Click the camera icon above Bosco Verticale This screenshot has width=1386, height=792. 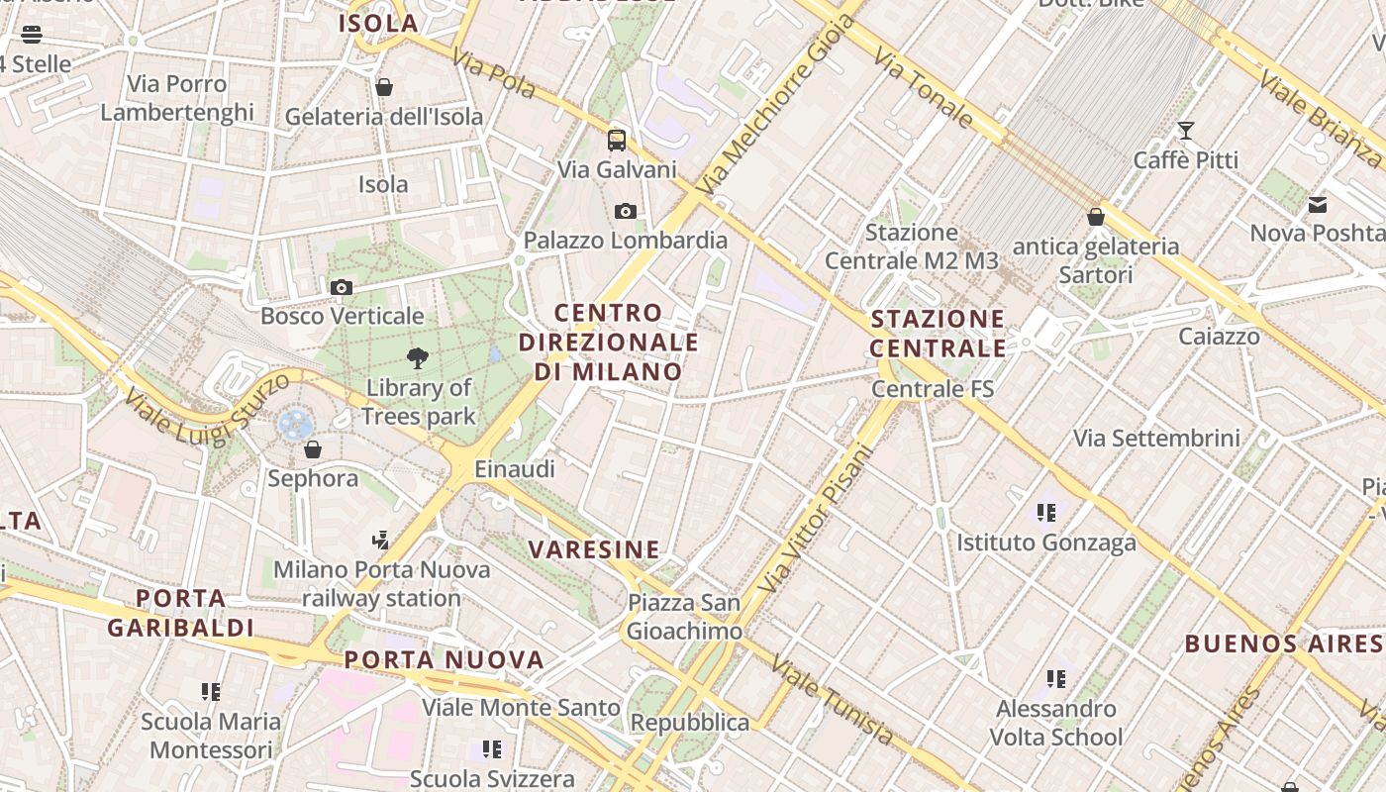tap(342, 288)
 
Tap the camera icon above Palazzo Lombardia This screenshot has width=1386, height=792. tap(625, 211)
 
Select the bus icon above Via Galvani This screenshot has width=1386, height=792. tap(617, 140)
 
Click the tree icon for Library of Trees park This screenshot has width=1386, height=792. tap(418, 358)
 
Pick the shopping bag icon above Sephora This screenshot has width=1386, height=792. tap(313, 450)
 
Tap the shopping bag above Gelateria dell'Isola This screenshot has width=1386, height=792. tap(384, 88)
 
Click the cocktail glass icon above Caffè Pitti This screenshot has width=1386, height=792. tap(1185, 131)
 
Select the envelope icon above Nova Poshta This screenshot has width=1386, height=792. tap(1318, 205)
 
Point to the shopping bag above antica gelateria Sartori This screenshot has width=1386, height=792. tap(1095, 217)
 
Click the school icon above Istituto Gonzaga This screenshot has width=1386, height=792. tap(1046, 513)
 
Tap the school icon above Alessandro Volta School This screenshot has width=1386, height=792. tap(1056, 679)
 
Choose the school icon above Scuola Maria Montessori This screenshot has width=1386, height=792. tap(210, 691)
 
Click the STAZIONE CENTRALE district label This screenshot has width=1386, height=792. tap(938, 334)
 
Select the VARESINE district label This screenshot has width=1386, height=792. tap(594, 549)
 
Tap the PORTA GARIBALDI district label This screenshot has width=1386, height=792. tap(181, 613)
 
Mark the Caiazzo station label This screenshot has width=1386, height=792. tap(1219, 337)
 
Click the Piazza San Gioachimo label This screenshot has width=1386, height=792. tap(684, 617)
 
